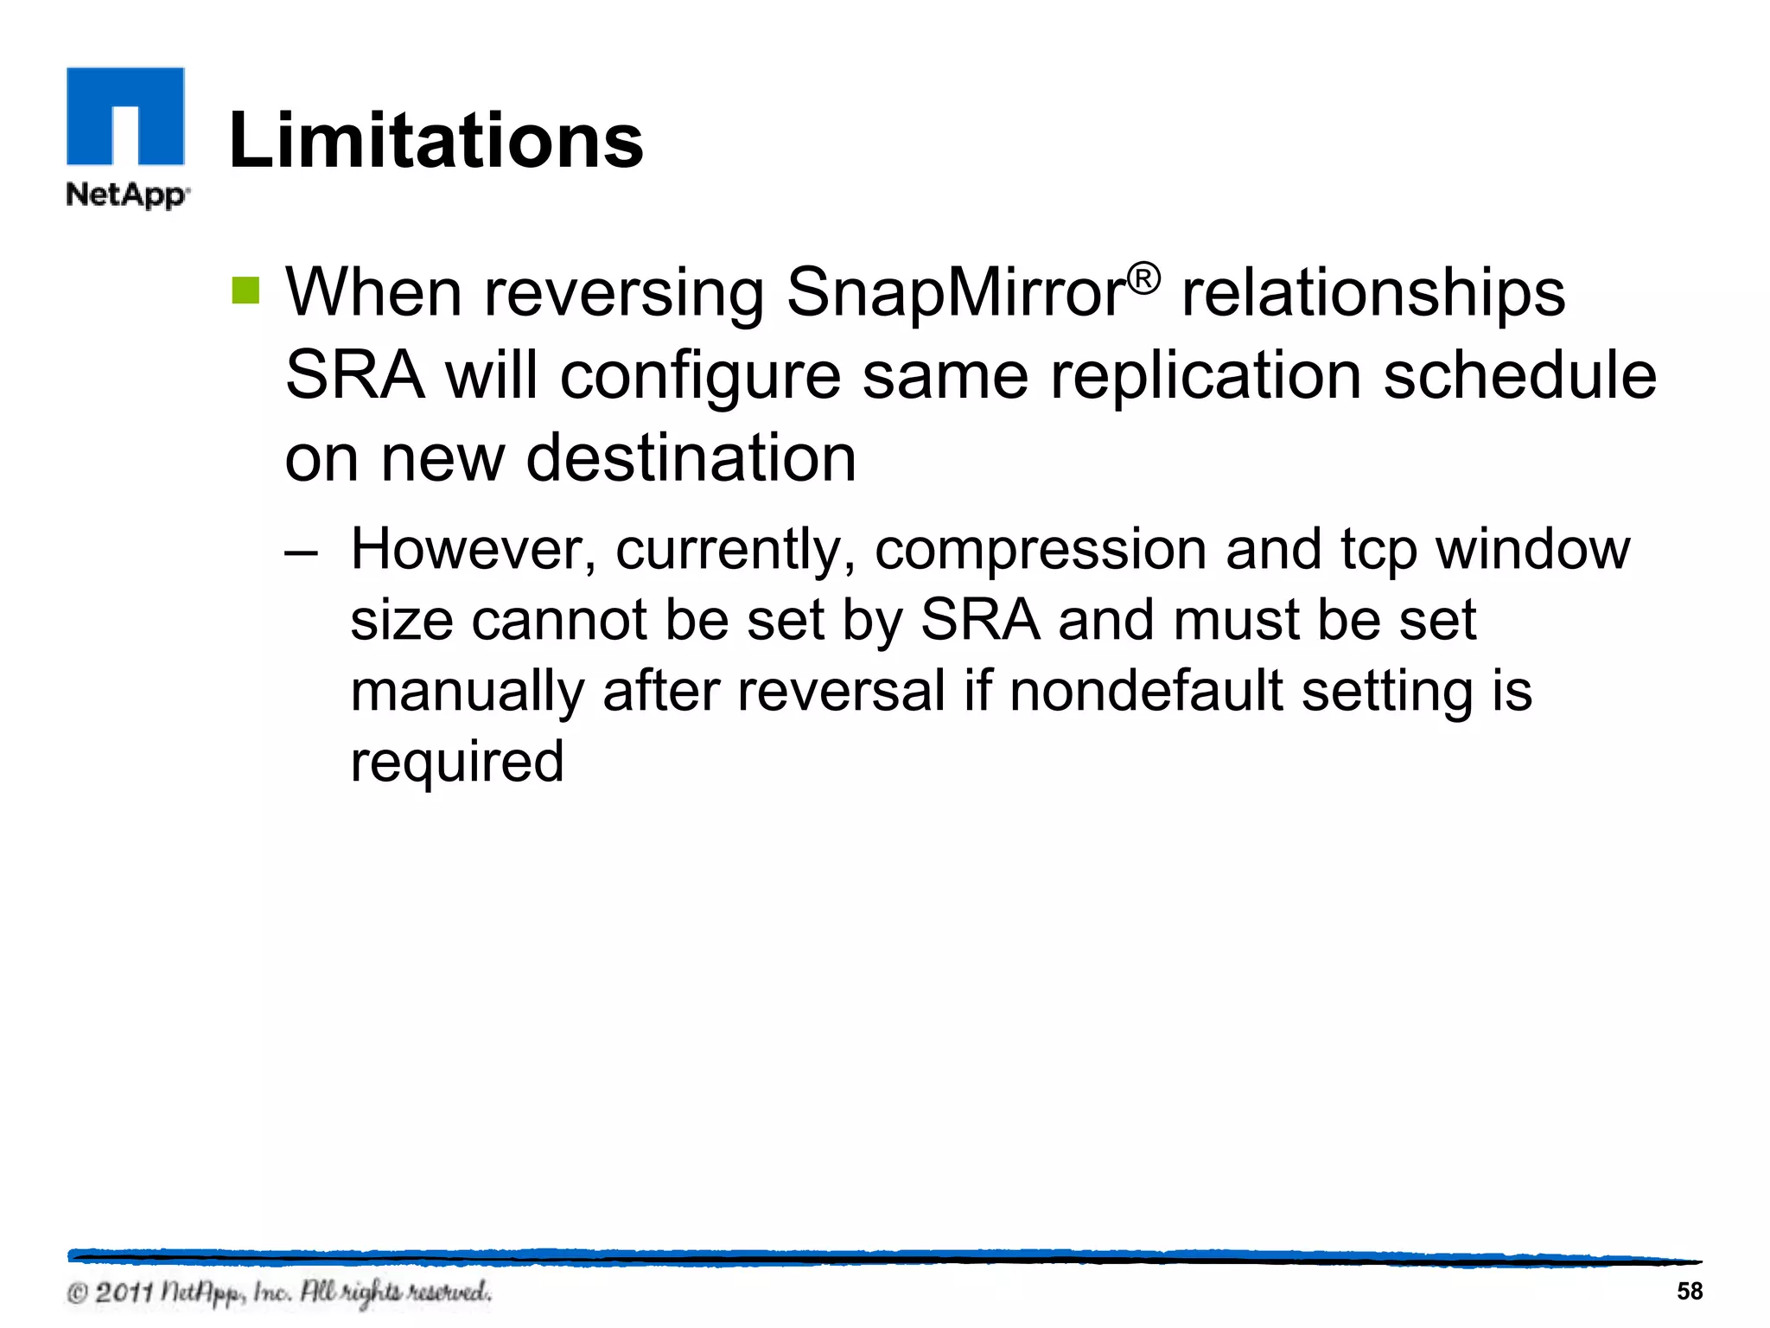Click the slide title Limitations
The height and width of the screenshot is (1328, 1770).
[x=436, y=140]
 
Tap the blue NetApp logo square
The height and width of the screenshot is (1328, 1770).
[x=125, y=116]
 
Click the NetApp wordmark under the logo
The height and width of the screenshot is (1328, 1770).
[x=127, y=195]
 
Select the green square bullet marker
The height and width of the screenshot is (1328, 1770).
[x=245, y=290]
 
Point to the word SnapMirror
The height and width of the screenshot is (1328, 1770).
[x=956, y=292]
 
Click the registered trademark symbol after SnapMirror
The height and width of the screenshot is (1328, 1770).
[x=1143, y=279]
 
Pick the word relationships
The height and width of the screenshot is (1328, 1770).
[x=1373, y=292]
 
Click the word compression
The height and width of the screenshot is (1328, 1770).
[x=1041, y=552]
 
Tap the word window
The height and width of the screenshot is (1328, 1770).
[x=1532, y=550]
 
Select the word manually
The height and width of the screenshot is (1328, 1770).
[x=468, y=693]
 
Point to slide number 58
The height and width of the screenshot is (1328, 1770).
[x=1690, y=1291]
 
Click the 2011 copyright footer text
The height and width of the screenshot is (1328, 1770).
[x=279, y=1293]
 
